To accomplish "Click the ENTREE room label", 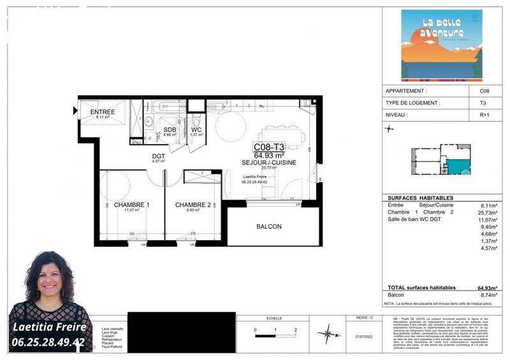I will [103, 112].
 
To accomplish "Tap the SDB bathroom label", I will [170, 129].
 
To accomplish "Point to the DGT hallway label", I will [159, 156].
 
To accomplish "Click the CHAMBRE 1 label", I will [131, 205].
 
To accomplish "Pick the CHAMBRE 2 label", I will [193, 205].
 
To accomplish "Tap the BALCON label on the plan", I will [268, 226].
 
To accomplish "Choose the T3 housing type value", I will [483, 103].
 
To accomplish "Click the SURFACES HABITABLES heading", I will [421, 198].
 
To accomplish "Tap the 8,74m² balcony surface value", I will [490, 296].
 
